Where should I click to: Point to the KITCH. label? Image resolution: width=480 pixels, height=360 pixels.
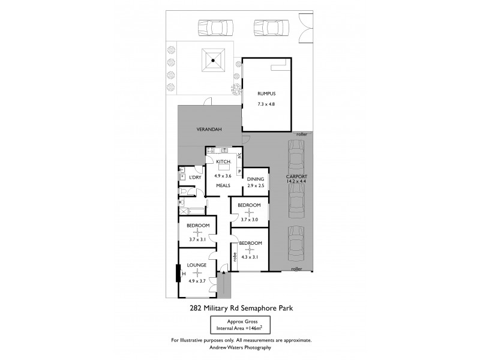223,163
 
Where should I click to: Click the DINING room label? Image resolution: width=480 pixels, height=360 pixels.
255,178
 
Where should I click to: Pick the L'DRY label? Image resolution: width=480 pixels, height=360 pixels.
194,178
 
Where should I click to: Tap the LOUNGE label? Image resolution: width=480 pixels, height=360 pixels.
197,265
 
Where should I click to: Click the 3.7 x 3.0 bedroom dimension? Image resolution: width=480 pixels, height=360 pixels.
248,220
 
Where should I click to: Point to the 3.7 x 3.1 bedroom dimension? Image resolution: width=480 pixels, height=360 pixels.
197,239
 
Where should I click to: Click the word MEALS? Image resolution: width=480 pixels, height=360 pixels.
223,185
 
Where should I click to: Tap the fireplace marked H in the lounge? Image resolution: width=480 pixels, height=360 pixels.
177,274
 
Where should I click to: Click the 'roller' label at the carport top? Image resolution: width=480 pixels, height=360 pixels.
301,135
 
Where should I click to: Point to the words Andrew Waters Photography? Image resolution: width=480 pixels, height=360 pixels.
241,347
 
